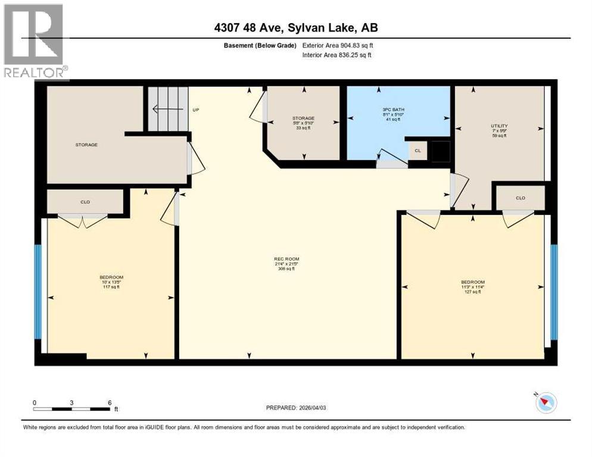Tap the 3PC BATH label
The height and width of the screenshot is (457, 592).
(x=391, y=110)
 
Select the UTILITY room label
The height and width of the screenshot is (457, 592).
(x=499, y=126)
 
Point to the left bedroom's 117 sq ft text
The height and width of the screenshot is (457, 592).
(x=111, y=287)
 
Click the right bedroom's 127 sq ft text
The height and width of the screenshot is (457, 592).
(x=473, y=292)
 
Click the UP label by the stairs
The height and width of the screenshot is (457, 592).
(x=195, y=110)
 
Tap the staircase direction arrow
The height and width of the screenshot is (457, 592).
(x=162, y=109)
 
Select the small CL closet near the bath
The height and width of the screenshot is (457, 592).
(x=417, y=151)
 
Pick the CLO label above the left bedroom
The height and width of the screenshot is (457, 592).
(x=85, y=202)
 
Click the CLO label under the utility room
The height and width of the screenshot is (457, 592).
(x=520, y=198)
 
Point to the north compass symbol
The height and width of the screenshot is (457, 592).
(x=546, y=403)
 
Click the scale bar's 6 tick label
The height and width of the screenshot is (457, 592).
(x=108, y=402)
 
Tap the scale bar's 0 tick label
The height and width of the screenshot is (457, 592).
(x=35, y=402)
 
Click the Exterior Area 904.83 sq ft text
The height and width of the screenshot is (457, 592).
(x=338, y=45)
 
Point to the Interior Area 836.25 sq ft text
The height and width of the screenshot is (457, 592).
(x=337, y=55)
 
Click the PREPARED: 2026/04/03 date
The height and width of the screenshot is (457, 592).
(x=299, y=408)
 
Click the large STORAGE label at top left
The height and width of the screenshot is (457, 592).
(x=86, y=145)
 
